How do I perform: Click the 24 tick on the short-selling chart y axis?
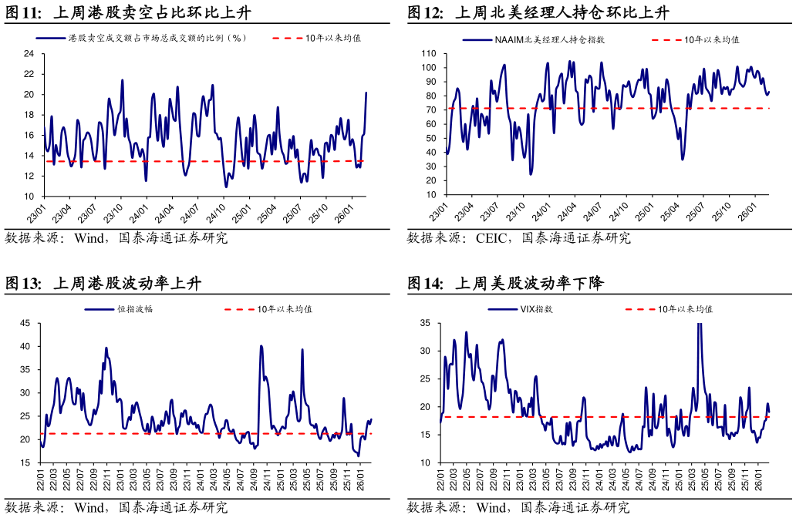point(29,53)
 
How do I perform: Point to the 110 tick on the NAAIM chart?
point(429,54)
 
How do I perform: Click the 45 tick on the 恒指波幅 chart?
point(25,323)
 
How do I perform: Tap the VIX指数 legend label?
point(537,309)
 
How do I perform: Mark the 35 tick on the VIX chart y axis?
point(425,323)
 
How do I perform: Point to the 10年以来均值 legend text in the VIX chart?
point(686,309)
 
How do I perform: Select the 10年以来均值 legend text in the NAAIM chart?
point(712,39)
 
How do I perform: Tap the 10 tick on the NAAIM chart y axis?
point(431,195)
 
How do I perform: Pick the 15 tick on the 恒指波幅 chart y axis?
point(25,462)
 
